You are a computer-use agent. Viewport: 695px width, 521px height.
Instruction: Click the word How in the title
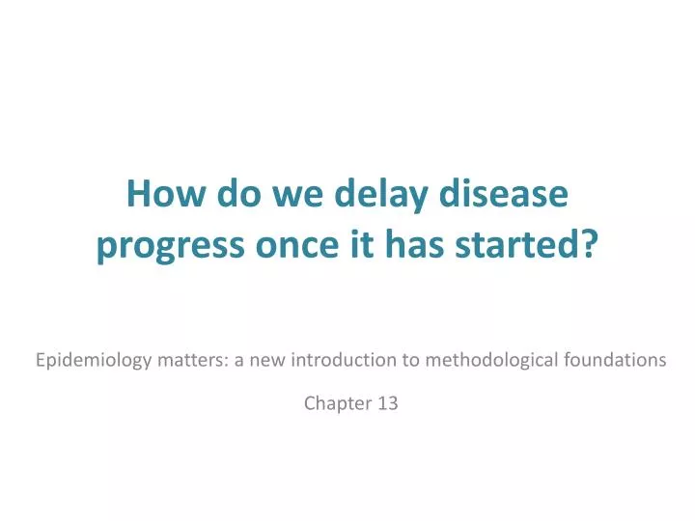tap(158, 196)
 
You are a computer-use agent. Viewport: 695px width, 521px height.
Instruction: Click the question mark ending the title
tap(590, 247)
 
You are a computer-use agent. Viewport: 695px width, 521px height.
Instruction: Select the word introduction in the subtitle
tap(339, 360)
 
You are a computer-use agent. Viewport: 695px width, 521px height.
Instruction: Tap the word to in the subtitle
tap(408, 360)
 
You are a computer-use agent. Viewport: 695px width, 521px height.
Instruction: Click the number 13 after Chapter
tap(387, 404)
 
